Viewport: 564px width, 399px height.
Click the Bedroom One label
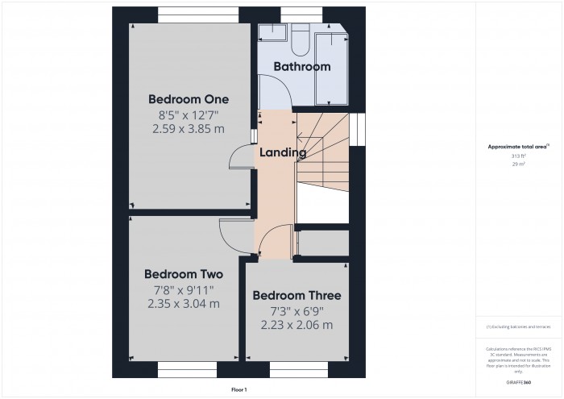189,99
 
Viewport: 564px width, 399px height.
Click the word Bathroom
302,67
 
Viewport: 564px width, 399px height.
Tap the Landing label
282,152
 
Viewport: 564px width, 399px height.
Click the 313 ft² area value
518,156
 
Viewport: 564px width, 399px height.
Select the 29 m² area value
518,164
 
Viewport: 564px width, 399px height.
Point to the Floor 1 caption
239,389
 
